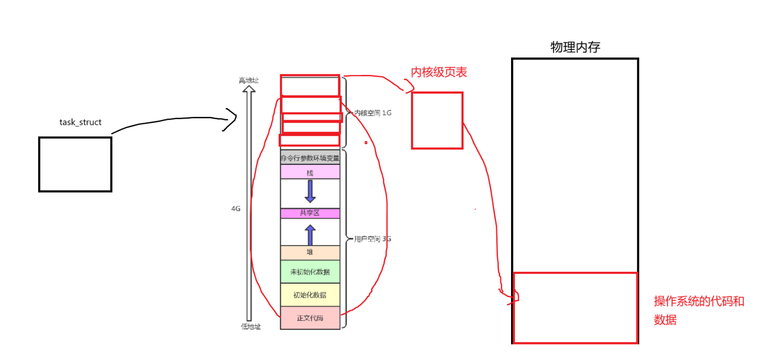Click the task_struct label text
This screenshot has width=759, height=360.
pyautogui.click(x=80, y=122)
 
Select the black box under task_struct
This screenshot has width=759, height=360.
pyautogui.click(x=75, y=164)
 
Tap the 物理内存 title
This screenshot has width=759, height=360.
pyautogui.click(x=575, y=47)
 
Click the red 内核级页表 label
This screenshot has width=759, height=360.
pyautogui.click(x=439, y=72)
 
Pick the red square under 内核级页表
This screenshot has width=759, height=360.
pyautogui.click(x=437, y=121)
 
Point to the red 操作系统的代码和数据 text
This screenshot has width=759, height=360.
pyautogui.click(x=698, y=310)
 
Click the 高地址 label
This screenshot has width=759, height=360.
pyautogui.click(x=248, y=81)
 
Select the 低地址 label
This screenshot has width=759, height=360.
pyautogui.click(x=251, y=327)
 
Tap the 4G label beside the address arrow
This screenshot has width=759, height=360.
pyautogui.click(x=236, y=208)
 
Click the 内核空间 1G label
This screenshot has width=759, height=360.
pyautogui.click(x=372, y=113)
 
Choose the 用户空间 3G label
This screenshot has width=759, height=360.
pyautogui.click(x=372, y=239)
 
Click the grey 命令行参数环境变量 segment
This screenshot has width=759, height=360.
pyautogui.click(x=310, y=158)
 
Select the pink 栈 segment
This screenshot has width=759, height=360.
pyautogui.click(x=310, y=172)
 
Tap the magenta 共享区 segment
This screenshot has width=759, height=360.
pyautogui.click(x=310, y=213)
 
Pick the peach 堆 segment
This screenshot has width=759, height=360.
pyautogui.click(x=310, y=252)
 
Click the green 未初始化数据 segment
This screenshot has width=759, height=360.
pyautogui.click(x=310, y=272)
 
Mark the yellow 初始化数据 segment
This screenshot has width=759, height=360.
pyautogui.click(x=310, y=295)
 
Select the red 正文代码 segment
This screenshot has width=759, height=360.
pyautogui.click(x=310, y=318)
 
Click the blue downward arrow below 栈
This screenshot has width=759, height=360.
pyautogui.click(x=310, y=191)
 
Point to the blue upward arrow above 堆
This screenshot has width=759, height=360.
pyautogui.click(x=310, y=235)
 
